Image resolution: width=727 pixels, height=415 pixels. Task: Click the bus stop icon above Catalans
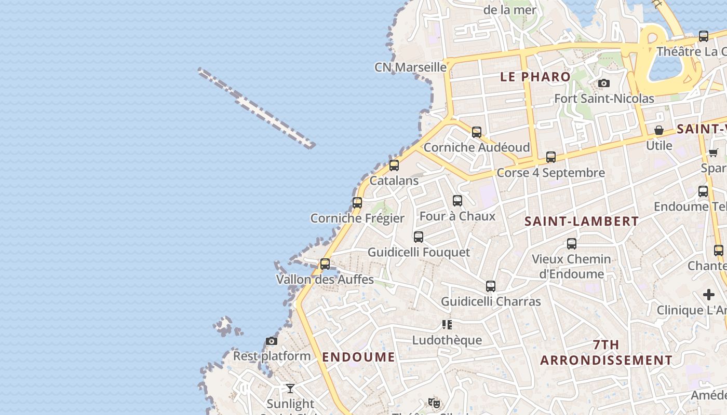(394, 165)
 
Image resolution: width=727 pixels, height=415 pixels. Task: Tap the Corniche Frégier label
(357, 218)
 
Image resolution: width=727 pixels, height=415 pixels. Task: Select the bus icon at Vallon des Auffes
(325, 264)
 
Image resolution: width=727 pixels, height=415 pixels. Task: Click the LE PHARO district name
(535, 77)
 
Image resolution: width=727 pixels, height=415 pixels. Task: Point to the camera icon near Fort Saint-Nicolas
(603, 83)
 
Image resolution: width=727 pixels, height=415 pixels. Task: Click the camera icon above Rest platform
(271, 341)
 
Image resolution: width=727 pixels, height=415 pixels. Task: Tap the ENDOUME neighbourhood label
(358, 357)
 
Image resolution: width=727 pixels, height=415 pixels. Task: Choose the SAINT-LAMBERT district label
(582, 221)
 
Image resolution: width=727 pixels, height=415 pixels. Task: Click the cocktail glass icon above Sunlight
(290, 388)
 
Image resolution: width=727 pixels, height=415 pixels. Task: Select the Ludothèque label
(447, 340)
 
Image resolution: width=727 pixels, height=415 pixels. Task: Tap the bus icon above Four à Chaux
(457, 200)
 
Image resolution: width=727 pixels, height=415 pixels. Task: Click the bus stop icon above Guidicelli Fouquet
(419, 237)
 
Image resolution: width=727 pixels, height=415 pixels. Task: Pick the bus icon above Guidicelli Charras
(491, 286)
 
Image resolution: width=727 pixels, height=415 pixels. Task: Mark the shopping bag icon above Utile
(659, 130)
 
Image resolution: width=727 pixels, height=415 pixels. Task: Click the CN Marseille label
(410, 67)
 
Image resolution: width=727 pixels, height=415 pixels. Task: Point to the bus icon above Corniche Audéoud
(477, 132)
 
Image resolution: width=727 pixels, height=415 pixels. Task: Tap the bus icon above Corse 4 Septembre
(551, 157)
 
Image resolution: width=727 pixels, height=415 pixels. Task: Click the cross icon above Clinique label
(709, 295)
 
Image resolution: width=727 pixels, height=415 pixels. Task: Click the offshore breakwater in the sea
(257, 108)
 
